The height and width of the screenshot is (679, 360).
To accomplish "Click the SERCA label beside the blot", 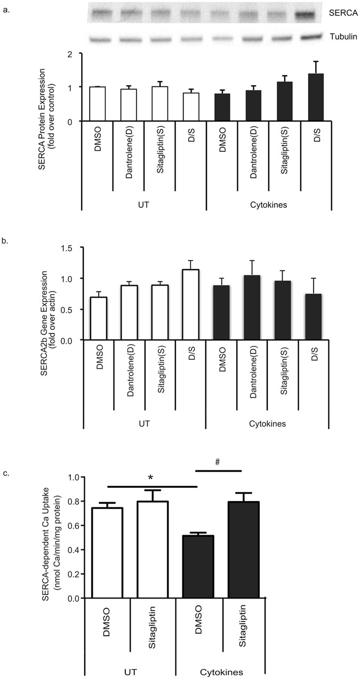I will pos(338,17).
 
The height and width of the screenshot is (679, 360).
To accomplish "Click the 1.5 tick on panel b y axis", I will pos(73,248).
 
